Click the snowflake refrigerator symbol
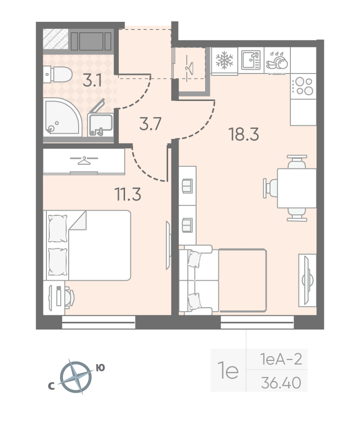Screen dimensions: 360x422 click(x=224, y=60)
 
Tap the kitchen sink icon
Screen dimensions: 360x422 click(x=251, y=60)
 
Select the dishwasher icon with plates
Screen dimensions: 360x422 click(x=277, y=61)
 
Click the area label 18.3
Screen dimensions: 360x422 click(x=243, y=134)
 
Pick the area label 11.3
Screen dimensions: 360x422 click(x=128, y=194)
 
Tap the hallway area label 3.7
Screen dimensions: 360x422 click(x=150, y=124)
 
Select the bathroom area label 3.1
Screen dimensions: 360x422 click(x=92, y=80)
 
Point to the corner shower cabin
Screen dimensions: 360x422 click(x=62, y=117)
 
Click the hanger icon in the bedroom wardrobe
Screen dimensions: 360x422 click(x=84, y=160)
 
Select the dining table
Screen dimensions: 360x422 click(x=297, y=188)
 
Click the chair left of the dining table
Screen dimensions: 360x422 click(x=270, y=188)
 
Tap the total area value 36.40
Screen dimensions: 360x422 click(x=281, y=383)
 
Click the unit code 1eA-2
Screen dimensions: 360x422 click(x=281, y=359)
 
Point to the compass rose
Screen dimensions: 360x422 click(x=75, y=377)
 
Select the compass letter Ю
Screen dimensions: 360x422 click(x=100, y=368)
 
